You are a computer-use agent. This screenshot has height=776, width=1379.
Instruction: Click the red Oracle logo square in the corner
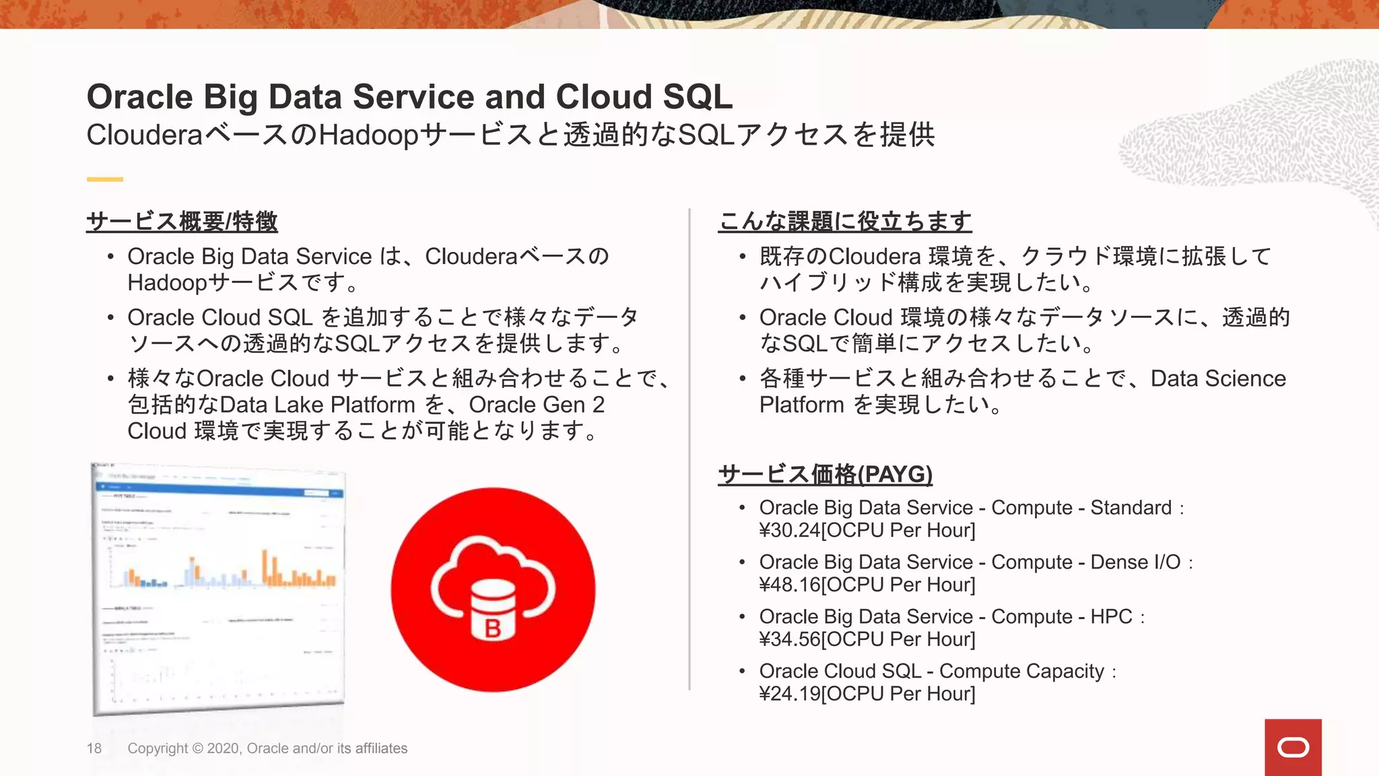(1292, 747)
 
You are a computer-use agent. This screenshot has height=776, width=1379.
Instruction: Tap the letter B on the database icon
(493, 628)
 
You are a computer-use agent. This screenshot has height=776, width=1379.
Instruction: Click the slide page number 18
(94, 748)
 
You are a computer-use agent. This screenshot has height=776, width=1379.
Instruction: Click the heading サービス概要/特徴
(182, 222)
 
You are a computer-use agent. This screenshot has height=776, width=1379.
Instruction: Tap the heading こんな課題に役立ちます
(845, 222)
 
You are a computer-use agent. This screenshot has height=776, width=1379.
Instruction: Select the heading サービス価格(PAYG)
(826, 475)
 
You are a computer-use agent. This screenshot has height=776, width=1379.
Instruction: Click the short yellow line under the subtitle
(104, 179)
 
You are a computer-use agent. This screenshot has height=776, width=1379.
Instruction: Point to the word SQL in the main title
(697, 97)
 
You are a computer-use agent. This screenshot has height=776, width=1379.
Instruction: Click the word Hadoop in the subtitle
(368, 135)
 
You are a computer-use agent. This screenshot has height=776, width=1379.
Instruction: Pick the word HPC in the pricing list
(1111, 617)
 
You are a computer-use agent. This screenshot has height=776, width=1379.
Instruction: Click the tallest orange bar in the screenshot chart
(265, 567)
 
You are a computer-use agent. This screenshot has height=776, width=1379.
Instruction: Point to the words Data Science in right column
(1218, 379)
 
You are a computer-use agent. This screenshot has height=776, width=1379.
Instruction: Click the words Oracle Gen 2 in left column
(537, 405)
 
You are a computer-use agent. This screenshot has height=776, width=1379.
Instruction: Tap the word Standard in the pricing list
(1131, 508)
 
